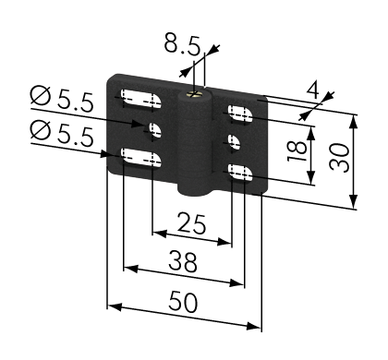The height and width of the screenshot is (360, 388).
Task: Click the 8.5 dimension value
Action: click(182, 44)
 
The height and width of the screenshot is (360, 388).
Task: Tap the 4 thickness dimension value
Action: click(313, 90)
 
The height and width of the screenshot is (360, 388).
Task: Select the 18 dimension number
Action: click(297, 151)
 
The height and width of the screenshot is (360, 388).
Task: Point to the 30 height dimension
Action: click(339, 158)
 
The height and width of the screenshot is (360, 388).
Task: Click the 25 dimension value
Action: click(191, 223)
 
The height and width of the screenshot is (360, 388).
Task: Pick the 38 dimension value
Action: click(183, 261)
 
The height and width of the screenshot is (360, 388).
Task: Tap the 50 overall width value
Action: click(183, 302)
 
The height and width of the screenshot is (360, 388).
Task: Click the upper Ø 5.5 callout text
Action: click(62, 99)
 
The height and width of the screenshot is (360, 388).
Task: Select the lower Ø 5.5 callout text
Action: click(62, 133)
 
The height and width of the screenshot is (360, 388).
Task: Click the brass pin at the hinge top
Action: click(194, 94)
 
